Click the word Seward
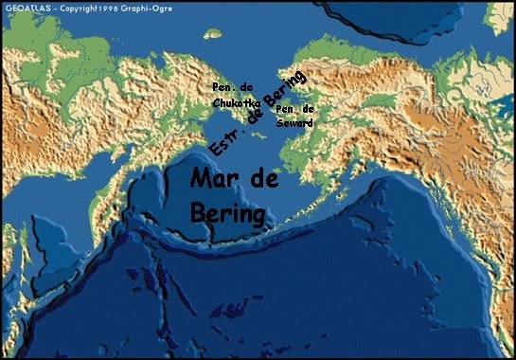(294, 121)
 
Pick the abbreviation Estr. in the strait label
(222, 143)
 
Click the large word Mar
(216, 178)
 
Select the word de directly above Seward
(307, 109)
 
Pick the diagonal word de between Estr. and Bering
(254, 118)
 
